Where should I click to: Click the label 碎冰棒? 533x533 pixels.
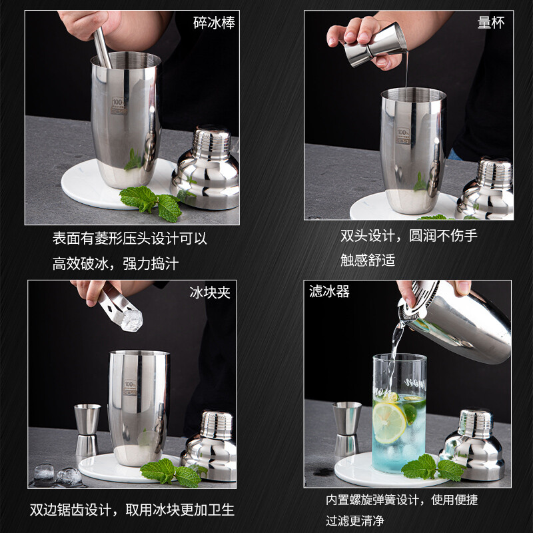coord(214,23)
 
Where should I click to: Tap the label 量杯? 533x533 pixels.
coord(490,23)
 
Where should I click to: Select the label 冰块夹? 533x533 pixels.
coord(210,292)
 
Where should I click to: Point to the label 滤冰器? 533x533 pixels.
coord(329,292)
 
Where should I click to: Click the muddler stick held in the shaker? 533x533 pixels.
coord(102,47)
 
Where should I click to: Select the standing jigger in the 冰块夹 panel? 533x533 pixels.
coord(87,430)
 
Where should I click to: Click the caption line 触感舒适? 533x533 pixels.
coord(368,261)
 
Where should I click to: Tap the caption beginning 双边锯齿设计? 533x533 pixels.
coord(132,510)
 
